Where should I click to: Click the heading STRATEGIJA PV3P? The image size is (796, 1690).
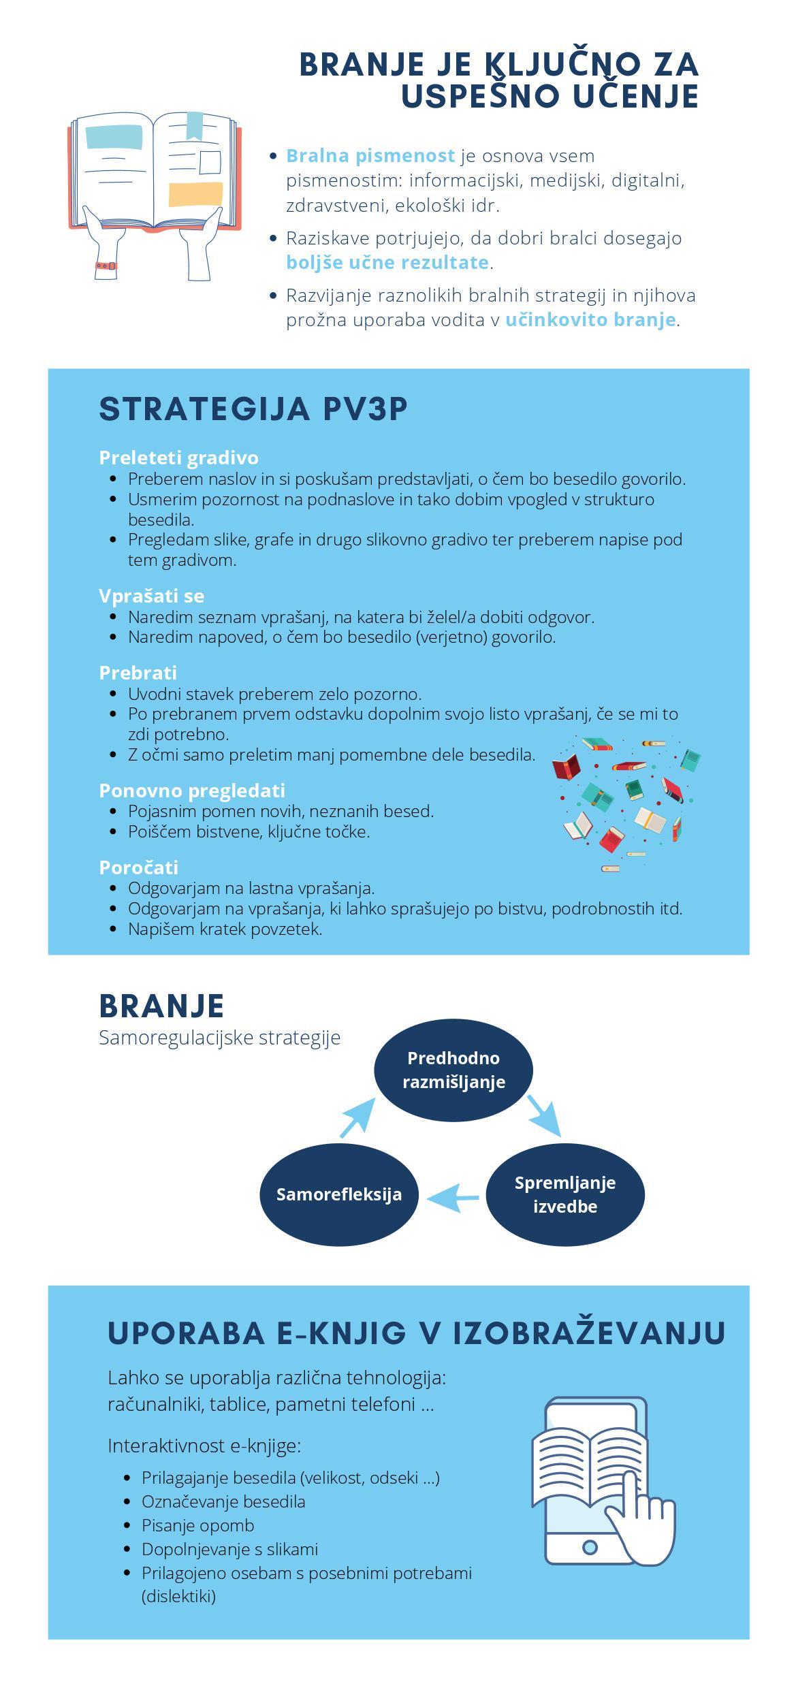[253, 409]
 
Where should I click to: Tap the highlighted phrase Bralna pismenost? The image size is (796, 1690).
[370, 156]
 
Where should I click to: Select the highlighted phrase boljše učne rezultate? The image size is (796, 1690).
[387, 262]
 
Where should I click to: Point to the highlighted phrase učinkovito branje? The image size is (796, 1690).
[590, 319]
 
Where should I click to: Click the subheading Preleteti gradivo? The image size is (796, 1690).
[178, 458]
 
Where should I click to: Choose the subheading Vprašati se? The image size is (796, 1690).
[151, 596]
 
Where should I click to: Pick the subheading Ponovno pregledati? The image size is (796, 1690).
[192, 791]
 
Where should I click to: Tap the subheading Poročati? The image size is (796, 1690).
[138, 867]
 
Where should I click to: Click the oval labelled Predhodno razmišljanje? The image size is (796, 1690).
[453, 1070]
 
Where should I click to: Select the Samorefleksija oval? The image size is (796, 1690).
[339, 1194]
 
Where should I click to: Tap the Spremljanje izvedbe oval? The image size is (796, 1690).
[564, 1194]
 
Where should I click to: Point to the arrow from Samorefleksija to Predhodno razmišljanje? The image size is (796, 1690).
[357, 1117]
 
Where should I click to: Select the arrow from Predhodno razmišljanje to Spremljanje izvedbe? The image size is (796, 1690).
[544, 1115]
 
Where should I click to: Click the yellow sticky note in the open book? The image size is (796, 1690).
[195, 194]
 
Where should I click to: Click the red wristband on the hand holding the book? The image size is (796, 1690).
[106, 266]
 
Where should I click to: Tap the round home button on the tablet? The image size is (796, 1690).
[590, 1548]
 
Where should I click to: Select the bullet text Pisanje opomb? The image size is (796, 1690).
[197, 1525]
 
